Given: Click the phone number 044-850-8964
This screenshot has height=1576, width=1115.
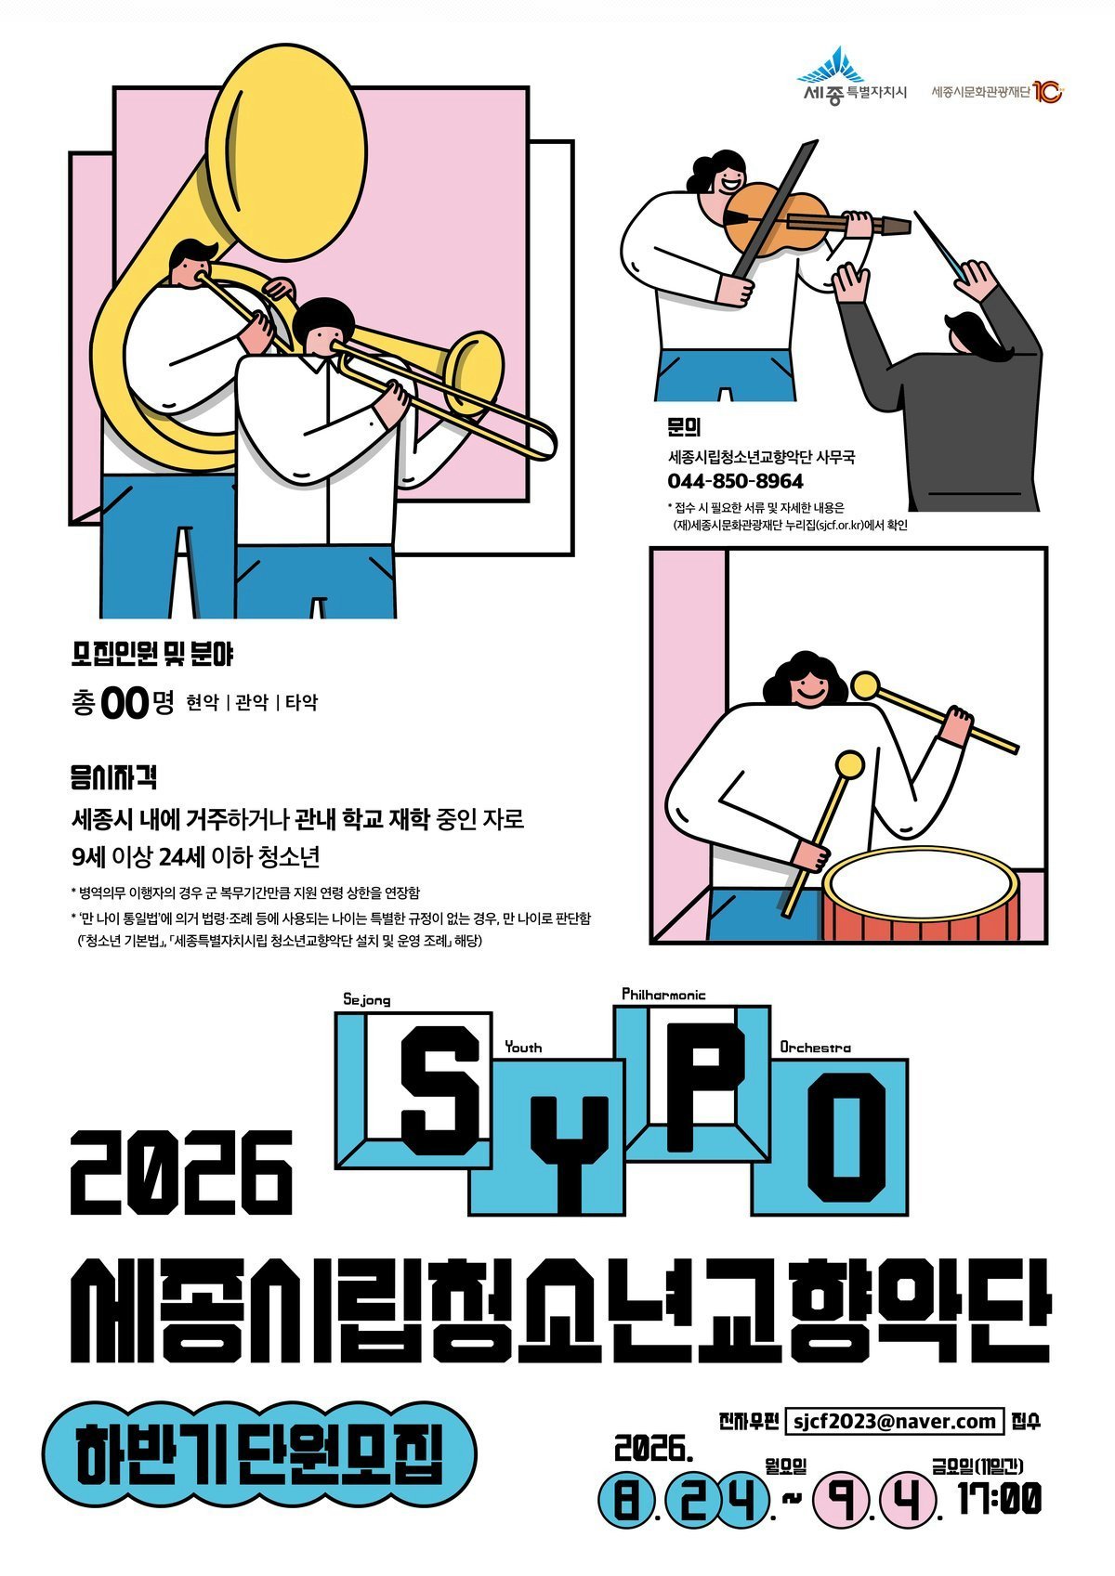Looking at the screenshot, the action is coord(735,481).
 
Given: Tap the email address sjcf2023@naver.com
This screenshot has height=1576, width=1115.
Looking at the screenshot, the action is coord(894,1421).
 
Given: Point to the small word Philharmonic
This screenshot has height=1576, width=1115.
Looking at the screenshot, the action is coord(663,994).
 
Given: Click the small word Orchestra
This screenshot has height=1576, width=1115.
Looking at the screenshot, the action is coord(815,1047).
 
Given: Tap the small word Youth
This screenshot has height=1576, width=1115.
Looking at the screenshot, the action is coord(523,1047).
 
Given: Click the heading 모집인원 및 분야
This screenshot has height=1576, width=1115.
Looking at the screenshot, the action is coord(152,655).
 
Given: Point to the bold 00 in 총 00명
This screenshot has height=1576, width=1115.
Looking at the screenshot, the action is coord(125,704).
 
